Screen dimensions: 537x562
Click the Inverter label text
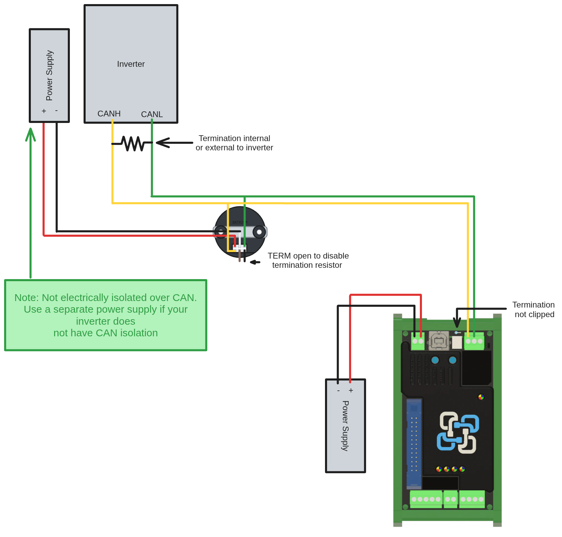tap(131, 64)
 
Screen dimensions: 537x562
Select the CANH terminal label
tap(109, 114)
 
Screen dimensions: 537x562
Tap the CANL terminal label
tap(152, 114)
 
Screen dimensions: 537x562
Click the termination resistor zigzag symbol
tap(133, 143)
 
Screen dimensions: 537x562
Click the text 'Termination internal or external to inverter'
tap(234, 143)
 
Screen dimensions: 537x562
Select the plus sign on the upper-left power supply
tap(44, 111)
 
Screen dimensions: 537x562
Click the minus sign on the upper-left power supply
tap(57, 111)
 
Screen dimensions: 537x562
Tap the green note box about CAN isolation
tap(105, 315)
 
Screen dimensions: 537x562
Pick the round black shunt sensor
tap(240, 232)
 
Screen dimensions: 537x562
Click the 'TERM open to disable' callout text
tap(308, 261)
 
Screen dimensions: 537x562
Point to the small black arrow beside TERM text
tap(255, 262)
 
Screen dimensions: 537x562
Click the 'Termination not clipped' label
tap(534, 310)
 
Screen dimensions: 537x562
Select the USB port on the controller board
tap(439, 341)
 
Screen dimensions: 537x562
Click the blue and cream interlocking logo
tap(458, 433)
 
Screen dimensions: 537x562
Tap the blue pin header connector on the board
tap(414, 444)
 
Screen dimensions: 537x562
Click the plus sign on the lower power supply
tap(351, 391)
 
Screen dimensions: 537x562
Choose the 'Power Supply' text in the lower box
tap(345, 426)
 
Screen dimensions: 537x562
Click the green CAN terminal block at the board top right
tap(474, 341)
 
